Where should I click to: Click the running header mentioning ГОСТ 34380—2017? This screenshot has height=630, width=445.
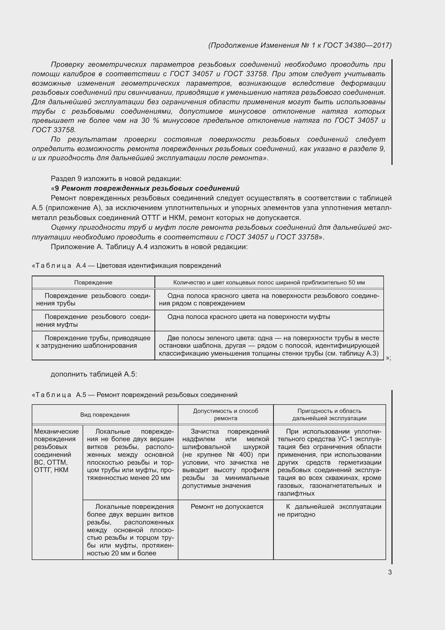(x=300, y=45)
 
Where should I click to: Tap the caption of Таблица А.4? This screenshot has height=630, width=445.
(x=127, y=266)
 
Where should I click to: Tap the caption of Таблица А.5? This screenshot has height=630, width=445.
(x=135, y=395)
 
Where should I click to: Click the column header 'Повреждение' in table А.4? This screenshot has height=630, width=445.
(x=93, y=282)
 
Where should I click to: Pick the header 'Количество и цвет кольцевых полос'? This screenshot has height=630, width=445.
(x=269, y=282)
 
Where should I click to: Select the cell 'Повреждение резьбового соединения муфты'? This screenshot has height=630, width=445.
(x=93, y=321)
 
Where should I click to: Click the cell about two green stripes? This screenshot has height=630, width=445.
(x=269, y=346)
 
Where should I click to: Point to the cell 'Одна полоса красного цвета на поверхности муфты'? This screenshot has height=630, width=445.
(x=249, y=317)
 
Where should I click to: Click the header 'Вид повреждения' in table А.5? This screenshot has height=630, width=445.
(x=105, y=415)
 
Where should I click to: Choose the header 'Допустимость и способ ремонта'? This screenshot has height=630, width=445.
(x=225, y=415)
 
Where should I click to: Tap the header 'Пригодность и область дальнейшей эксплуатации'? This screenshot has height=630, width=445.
(x=329, y=415)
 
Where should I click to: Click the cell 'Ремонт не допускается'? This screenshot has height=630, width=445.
(x=227, y=507)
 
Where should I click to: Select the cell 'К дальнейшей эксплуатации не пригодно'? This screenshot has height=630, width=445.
(x=329, y=510)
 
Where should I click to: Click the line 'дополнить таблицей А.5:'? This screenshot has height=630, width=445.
(x=94, y=374)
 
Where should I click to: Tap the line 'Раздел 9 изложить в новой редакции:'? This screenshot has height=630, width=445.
(x=116, y=179)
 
